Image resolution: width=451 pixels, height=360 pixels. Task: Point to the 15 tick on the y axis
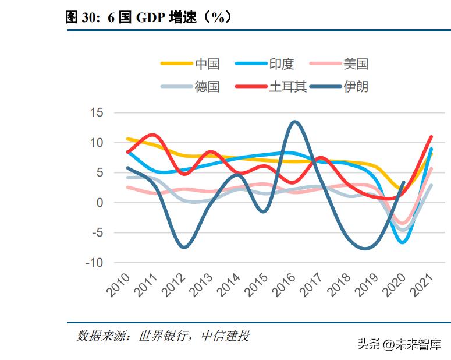tap(96, 112)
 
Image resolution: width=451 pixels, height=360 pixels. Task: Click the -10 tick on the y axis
tap(93, 263)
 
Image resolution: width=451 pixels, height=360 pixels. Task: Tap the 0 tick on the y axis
tap(100, 203)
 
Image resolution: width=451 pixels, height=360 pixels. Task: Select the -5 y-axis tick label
tap(96, 233)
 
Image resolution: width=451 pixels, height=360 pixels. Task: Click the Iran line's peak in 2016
tap(294, 122)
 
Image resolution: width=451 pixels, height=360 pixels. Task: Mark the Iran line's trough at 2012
tap(184, 247)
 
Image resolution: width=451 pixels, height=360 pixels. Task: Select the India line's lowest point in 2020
tap(403, 242)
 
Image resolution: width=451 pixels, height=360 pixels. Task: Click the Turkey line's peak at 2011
tap(152, 135)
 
